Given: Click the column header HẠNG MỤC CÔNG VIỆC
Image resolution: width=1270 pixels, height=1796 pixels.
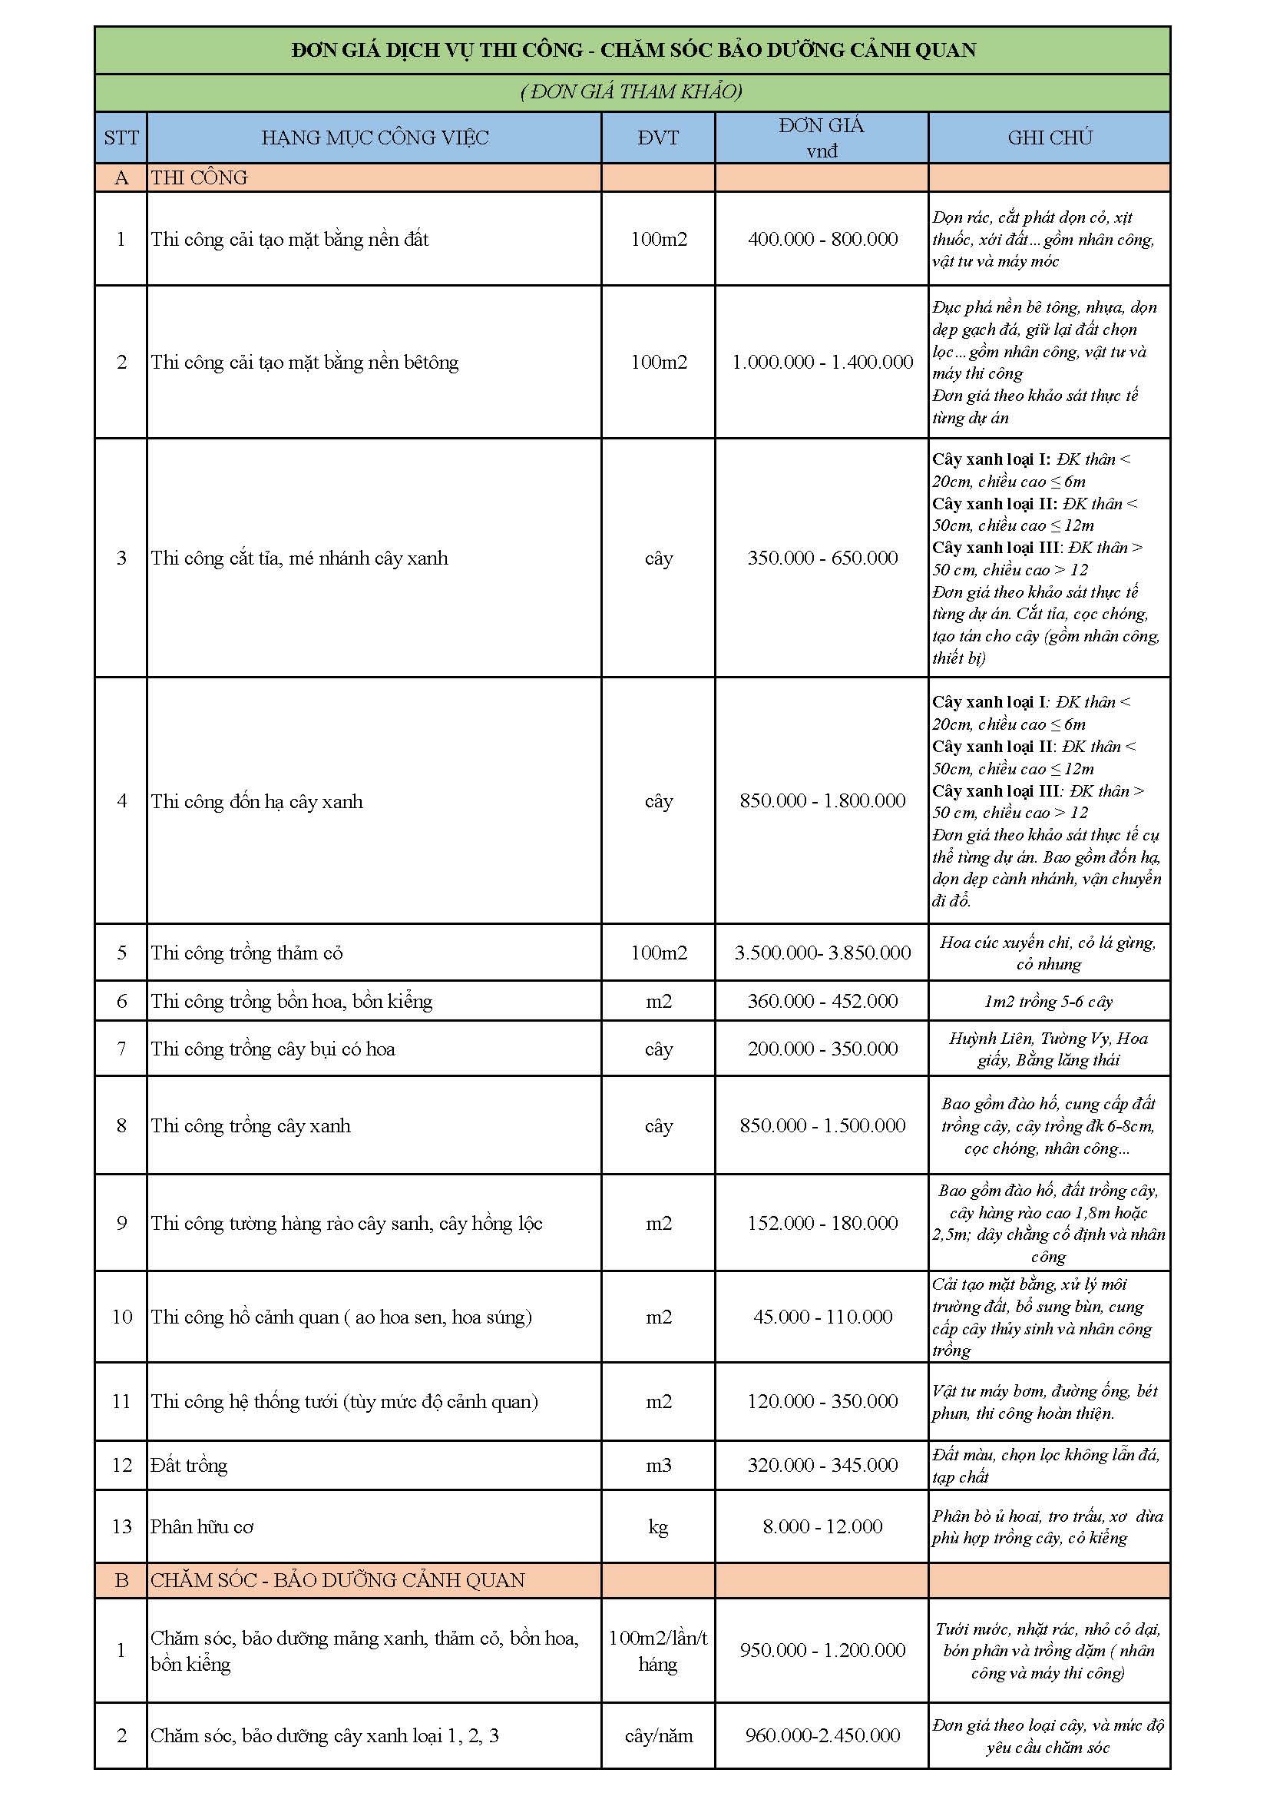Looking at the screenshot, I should click(x=375, y=138).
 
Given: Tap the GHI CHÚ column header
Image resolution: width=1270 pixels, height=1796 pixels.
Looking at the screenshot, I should click(x=1050, y=138).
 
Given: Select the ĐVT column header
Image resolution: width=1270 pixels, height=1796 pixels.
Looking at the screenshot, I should click(x=658, y=138).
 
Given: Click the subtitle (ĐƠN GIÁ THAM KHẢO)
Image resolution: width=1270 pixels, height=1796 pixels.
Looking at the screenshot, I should click(x=632, y=92).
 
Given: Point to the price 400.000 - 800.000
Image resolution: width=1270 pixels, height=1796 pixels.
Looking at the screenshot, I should click(x=822, y=240).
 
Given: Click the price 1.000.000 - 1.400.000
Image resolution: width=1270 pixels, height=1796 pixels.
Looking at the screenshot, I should click(x=822, y=362).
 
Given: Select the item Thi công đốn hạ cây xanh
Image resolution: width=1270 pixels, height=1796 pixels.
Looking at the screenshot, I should click(x=256, y=801).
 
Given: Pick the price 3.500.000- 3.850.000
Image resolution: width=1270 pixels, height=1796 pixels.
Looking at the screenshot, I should click(x=822, y=953).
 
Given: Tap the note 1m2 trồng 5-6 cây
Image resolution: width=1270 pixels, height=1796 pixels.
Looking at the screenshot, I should click(x=1048, y=1001).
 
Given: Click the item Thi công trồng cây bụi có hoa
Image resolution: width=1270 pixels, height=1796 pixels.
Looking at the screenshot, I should click(x=273, y=1049).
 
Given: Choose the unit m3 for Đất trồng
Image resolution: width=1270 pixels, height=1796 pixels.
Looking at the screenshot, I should click(x=659, y=1465).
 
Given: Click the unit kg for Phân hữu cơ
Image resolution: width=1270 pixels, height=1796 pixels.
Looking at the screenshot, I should click(x=659, y=1526).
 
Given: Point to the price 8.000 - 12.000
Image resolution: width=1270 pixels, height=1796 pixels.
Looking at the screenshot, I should click(x=822, y=1526).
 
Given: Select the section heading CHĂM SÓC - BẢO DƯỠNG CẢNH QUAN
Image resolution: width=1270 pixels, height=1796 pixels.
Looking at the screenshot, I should click(x=338, y=1580).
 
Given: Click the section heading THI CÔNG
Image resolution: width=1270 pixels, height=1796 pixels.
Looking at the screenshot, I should click(x=199, y=177).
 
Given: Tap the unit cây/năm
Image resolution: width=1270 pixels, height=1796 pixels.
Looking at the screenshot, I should click(x=659, y=1736).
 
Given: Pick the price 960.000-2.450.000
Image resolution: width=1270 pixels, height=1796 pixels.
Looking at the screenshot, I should click(x=822, y=1736).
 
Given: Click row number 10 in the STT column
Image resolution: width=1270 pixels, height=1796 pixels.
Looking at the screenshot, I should click(x=122, y=1317).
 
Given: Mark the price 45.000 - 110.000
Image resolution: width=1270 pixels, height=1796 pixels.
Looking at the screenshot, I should click(x=822, y=1317).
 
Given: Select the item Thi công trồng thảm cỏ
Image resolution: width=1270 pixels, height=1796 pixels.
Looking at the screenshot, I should click(x=246, y=953).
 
